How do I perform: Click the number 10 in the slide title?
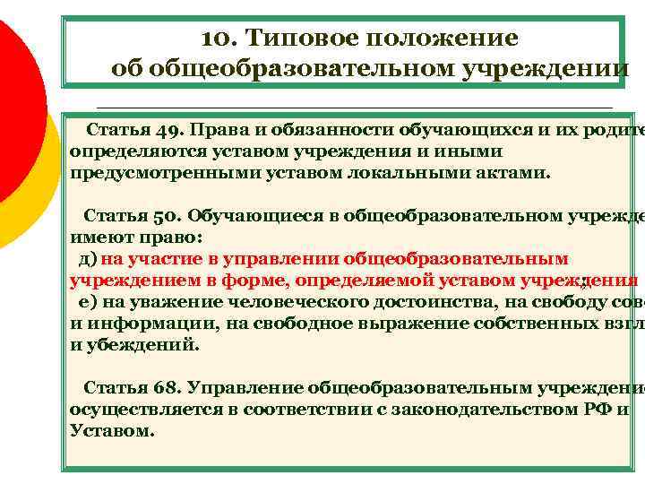[x=218, y=39]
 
